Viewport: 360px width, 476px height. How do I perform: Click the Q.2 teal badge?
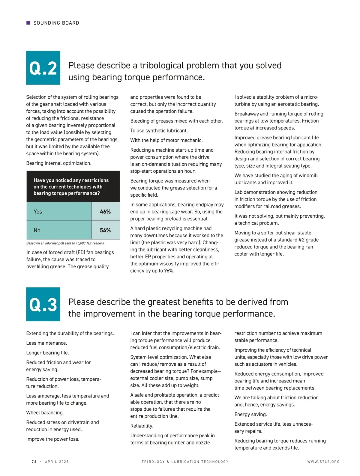[43, 68]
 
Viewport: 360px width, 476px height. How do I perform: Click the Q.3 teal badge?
[43, 304]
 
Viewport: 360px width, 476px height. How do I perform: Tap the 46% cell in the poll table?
[105, 212]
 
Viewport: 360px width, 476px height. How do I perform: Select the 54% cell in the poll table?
[105, 230]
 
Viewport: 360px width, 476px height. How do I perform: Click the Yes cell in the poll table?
[59, 212]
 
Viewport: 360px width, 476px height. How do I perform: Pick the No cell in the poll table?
[59, 230]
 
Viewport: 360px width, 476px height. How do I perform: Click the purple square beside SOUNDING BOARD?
[28, 23]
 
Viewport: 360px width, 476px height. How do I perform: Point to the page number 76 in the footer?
[34, 462]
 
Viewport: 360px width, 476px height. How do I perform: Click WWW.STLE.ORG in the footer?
[323, 462]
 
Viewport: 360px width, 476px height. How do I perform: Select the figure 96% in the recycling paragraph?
[169, 271]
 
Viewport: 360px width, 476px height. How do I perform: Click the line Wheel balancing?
[45, 412]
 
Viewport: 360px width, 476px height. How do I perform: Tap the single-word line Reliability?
[142, 426]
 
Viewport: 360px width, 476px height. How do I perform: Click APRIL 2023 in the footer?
[57, 462]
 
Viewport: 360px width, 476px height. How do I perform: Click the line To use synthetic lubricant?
[159, 130]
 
